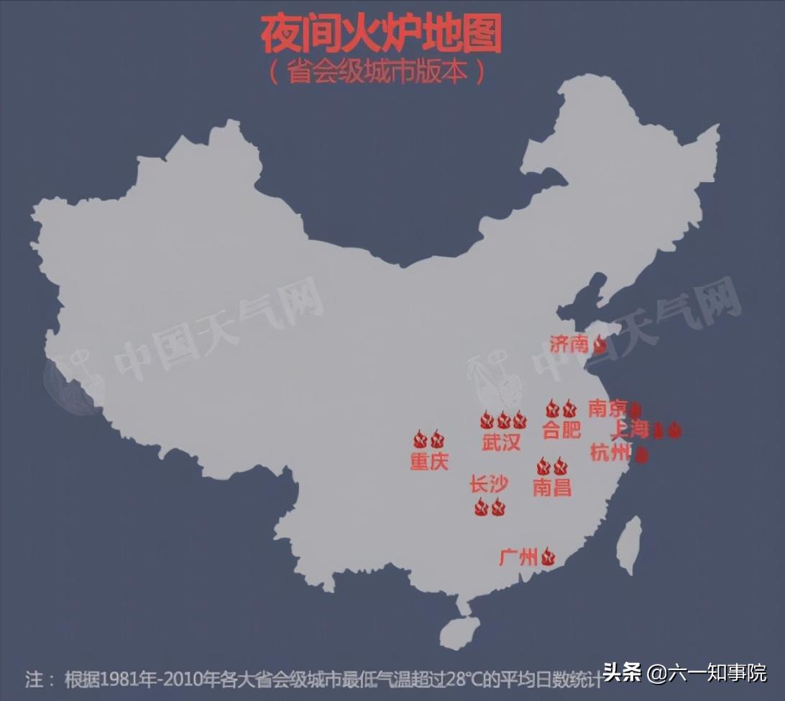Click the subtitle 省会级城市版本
tap(377, 73)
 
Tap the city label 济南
tap(569, 344)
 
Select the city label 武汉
tap(501, 442)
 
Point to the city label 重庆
tap(429, 461)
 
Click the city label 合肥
tap(561, 430)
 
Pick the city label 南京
tap(607, 409)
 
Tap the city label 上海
tap(630, 430)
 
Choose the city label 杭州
tap(610, 453)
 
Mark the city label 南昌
tap(551, 487)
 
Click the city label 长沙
tap(489, 484)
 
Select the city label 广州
tap(518, 556)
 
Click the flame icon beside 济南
tap(600, 345)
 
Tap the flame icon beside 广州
tap(548, 556)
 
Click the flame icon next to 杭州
tap(642, 454)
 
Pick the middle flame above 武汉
tap(503, 420)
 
